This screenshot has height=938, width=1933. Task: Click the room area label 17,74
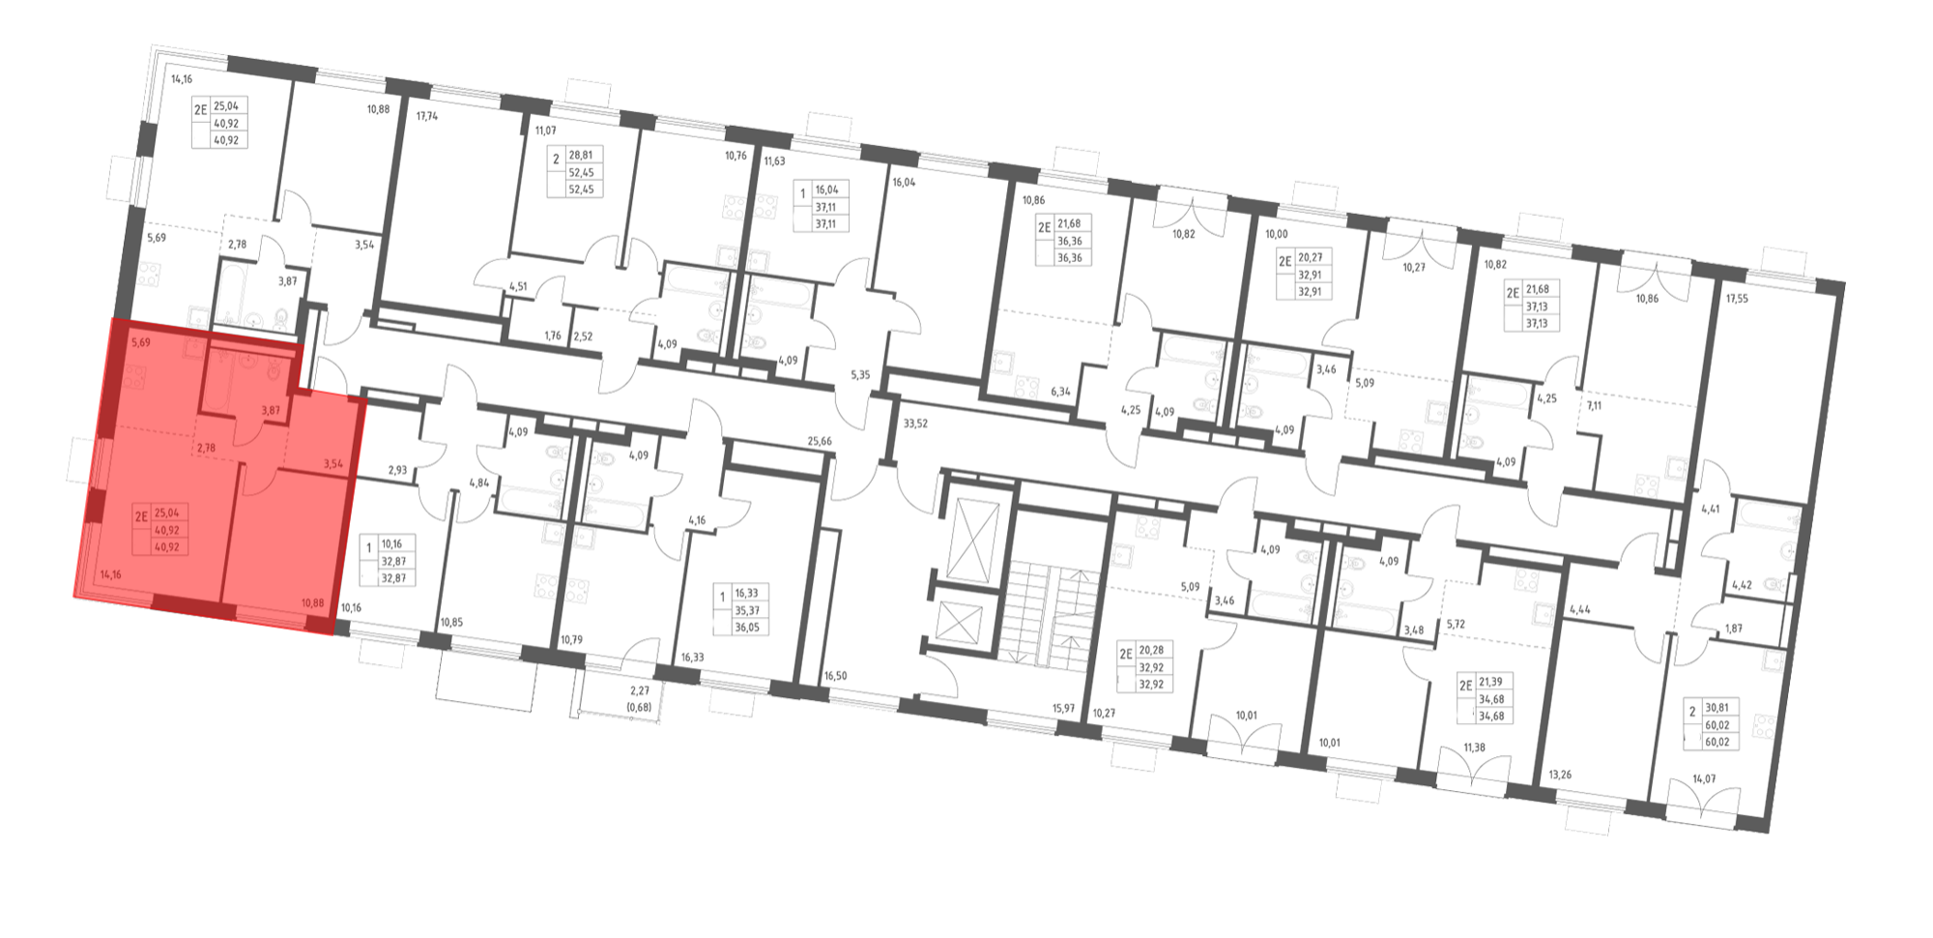pyautogui.click(x=426, y=116)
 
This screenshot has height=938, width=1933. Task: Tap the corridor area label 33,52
pyautogui.click(x=914, y=423)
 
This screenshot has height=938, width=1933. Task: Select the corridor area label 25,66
pyautogui.click(x=820, y=442)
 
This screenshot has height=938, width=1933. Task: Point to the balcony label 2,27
pyautogui.click(x=640, y=690)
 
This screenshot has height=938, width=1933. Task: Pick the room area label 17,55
pyautogui.click(x=1737, y=299)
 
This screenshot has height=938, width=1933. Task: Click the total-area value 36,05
pyautogui.click(x=746, y=627)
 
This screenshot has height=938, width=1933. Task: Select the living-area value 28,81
pyautogui.click(x=581, y=155)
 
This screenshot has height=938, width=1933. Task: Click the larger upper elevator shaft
pyautogui.click(x=970, y=541)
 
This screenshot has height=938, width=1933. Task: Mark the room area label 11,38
pyautogui.click(x=1474, y=747)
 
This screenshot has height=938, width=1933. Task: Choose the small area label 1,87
pyautogui.click(x=1734, y=629)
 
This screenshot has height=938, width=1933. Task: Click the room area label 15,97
pyautogui.click(x=1063, y=709)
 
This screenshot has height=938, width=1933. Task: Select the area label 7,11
pyautogui.click(x=1594, y=406)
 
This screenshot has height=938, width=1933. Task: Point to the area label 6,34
pyautogui.click(x=1060, y=392)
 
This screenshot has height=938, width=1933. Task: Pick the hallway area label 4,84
pyautogui.click(x=478, y=483)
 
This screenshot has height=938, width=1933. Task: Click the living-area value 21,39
pyautogui.click(x=1491, y=682)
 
